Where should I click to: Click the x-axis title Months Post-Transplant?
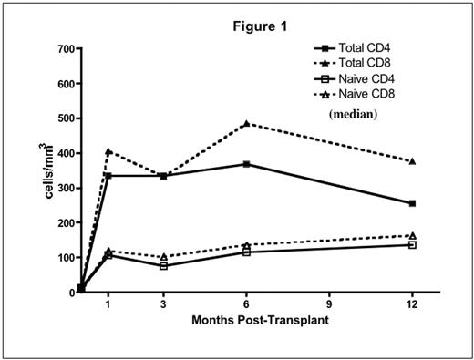(x=247, y=322)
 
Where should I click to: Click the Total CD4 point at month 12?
(x=412, y=203)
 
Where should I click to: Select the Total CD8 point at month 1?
(x=108, y=151)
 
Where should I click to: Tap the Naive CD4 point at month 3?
(x=162, y=266)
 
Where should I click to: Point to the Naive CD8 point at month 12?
(x=412, y=235)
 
